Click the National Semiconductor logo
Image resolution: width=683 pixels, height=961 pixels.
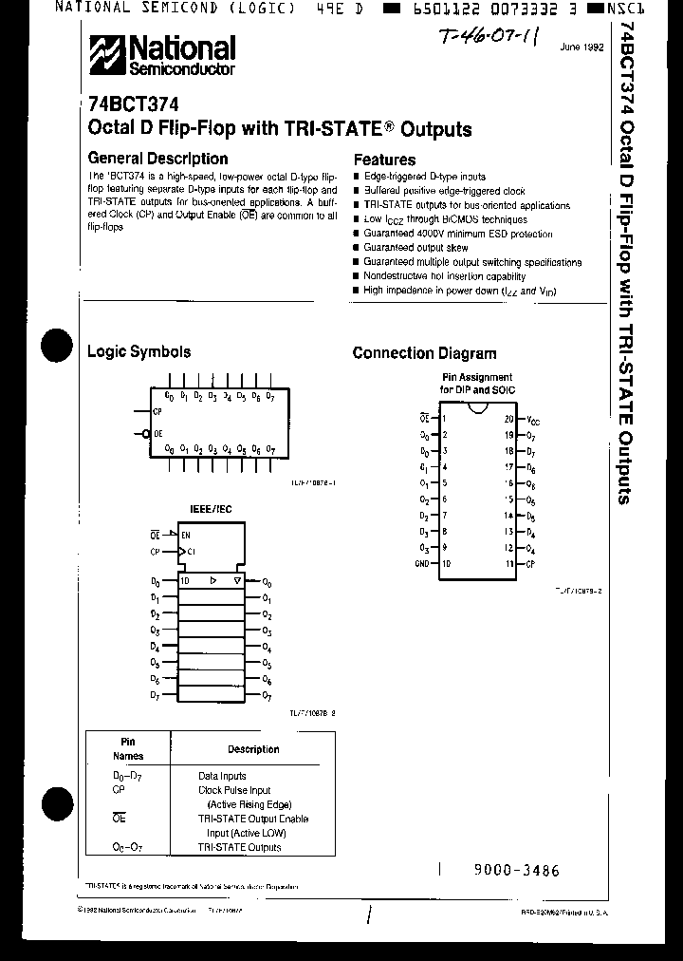point(162,56)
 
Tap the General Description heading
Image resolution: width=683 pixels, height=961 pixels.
point(157,159)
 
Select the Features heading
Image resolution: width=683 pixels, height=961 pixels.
point(384,160)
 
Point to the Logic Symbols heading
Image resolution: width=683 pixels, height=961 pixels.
point(138,351)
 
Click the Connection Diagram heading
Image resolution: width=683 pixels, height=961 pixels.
point(424,353)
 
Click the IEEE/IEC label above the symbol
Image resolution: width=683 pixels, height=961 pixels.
point(212,510)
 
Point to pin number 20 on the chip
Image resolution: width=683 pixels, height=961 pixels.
point(508,419)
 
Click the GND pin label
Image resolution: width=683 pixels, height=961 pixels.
point(421,564)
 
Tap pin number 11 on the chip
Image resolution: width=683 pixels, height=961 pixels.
point(508,564)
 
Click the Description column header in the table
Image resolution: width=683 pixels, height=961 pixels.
point(253,749)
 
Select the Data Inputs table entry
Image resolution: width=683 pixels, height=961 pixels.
point(222,776)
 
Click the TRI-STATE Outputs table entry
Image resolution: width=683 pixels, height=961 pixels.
point(239,847)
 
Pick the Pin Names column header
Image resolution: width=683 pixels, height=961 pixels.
point(128,749)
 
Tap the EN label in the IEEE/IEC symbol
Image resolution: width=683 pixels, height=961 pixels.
point(186,535)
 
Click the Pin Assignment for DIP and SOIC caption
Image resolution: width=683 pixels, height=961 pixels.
point(476,383)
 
